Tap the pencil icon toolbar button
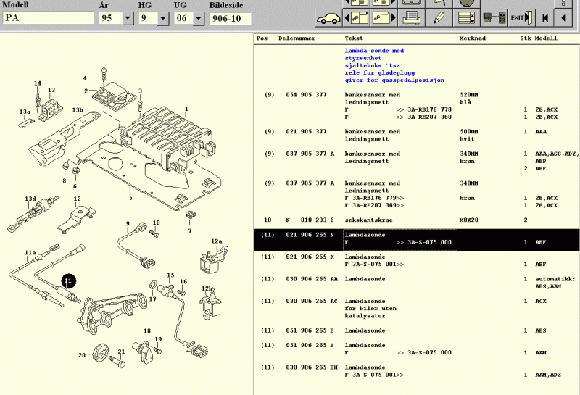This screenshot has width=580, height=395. tap(439, 17)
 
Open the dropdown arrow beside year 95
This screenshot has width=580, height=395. tap(128, 18)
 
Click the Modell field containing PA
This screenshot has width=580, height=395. tap(49, 18)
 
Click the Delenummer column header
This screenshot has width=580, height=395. tap(297, 38)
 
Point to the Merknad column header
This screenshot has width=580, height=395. tap(473, 38)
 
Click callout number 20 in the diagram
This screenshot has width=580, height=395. tap(82, 354)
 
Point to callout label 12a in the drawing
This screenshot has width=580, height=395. tap(216, 241)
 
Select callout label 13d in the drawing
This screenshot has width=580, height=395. tap(30, 198)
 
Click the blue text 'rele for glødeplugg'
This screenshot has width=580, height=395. tap(376, 73)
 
